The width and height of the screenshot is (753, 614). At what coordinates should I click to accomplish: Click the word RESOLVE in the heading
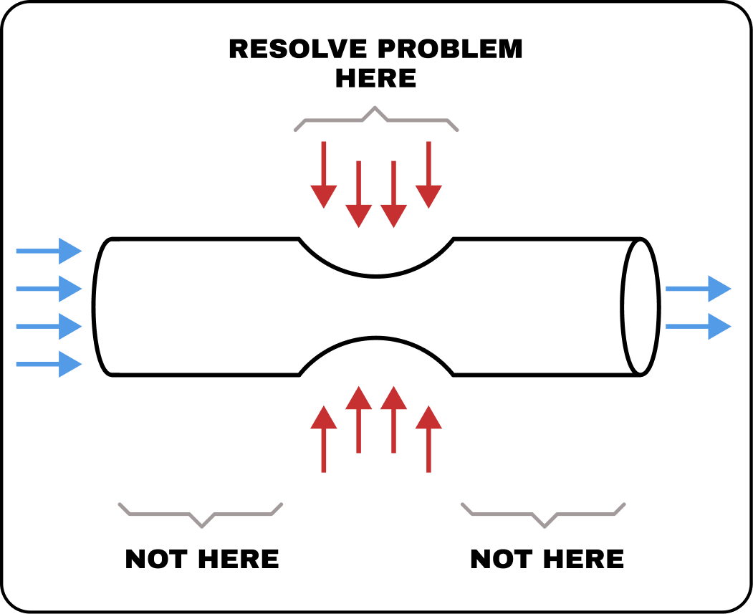pos(298,49)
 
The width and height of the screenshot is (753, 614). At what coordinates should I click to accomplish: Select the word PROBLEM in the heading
pos(450,49)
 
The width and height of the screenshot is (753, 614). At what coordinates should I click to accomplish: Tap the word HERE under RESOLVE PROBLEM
pos(375,78)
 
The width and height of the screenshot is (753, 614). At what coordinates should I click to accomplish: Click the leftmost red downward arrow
pos(324,175)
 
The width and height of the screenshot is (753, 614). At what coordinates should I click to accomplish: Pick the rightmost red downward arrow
pos(428,175)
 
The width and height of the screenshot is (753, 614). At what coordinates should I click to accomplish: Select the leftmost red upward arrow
pos(324,438)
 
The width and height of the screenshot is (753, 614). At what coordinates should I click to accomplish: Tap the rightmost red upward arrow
pos(428,438)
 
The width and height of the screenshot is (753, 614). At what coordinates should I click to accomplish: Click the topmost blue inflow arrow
pos(49,251)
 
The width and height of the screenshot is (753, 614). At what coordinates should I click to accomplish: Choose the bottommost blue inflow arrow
pos(49,364)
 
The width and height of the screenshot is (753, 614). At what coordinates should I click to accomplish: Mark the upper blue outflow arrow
pos(699,289)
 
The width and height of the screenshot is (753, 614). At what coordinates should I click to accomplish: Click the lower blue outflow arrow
pos(699,327)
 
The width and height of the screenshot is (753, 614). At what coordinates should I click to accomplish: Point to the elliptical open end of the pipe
pos(623,307)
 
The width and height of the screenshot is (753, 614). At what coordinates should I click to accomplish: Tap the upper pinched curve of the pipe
pos(376,277)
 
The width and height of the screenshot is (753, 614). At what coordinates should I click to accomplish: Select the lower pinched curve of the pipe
pos(376,338)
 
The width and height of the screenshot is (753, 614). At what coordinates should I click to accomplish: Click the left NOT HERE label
pos(202,559)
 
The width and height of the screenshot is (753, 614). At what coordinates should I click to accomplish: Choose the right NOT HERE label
pos(547,559)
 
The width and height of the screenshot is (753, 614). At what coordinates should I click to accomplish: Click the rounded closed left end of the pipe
pos(94,307)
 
